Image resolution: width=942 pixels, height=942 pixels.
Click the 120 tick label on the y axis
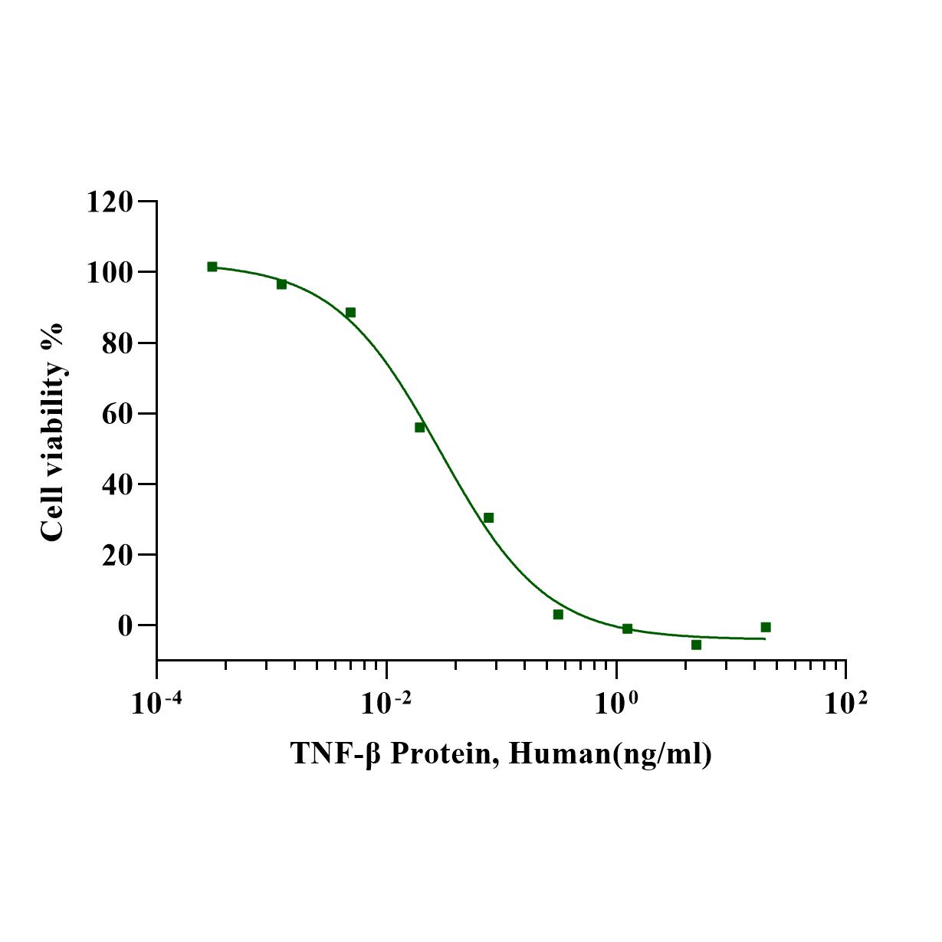click(110, 202)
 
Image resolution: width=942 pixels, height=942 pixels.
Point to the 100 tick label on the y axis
click(110, 273)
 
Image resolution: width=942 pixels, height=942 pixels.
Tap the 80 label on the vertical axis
click(117, 343)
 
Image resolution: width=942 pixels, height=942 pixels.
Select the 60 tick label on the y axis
click(117, 414)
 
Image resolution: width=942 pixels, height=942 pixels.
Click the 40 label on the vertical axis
click(117, 484)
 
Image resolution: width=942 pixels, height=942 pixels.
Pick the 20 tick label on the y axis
click(117, 555)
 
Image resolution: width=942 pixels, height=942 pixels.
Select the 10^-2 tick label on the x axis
click(386, 701)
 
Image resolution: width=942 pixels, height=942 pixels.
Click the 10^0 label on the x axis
click(615, 701)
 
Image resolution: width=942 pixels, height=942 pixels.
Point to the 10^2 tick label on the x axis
click(845, 701)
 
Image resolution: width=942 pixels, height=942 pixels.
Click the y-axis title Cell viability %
click(52, 432)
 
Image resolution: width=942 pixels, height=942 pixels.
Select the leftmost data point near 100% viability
click(212, 267)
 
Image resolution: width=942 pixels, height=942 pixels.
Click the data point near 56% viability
click(419, 427)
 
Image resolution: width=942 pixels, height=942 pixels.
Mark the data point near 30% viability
click(488, 518)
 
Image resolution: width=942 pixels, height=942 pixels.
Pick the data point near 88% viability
click(350, 313)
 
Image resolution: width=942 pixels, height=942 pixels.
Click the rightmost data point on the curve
click(765, 627)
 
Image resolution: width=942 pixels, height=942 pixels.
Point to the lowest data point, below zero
click(696, 645)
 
